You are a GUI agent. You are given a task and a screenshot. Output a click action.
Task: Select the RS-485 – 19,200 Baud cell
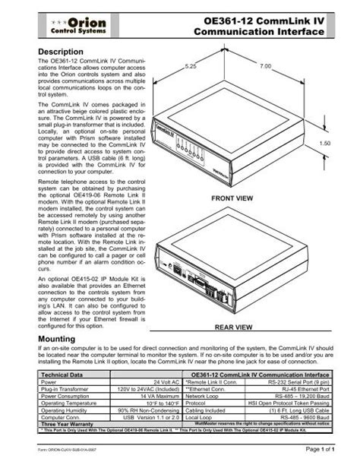click(298, 397)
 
